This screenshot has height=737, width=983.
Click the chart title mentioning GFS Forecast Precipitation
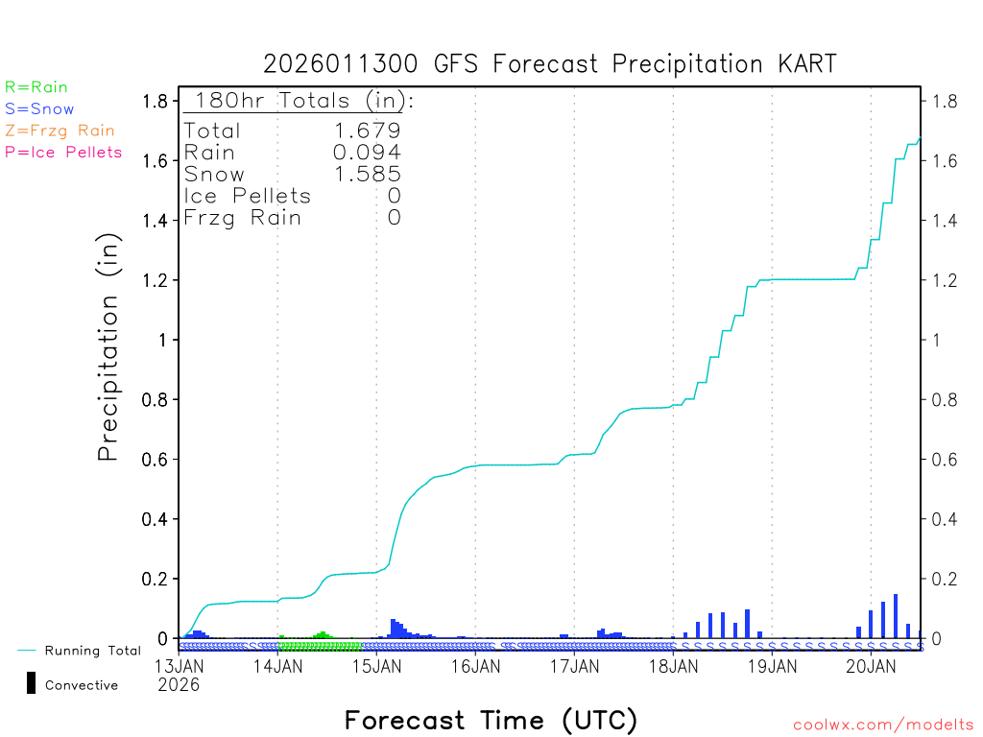(550, 64)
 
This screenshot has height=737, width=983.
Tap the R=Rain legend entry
(36, 87)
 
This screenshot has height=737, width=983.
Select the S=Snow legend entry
(39, 109)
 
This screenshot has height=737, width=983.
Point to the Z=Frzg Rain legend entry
(60, 131)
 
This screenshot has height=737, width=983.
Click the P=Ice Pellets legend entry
(63, 152)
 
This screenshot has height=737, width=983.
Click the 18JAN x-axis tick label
(673, 666)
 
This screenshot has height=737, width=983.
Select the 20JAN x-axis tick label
(871, 666)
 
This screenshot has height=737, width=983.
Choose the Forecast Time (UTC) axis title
(491, 720)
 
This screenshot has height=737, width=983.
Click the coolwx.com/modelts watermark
(883, 725)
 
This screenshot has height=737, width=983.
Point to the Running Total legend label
(92, 651)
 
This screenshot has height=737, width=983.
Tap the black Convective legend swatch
(31, 683)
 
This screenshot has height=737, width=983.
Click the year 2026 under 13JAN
(179, 684)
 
